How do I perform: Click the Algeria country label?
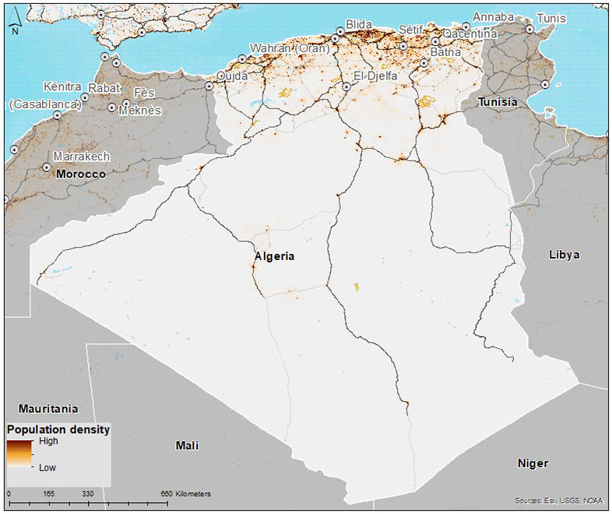(274, 256)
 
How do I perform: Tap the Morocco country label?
(80, 174)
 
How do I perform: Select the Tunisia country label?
(498, 102)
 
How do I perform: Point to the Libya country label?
(565, 255)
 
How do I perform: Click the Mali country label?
(186, 445)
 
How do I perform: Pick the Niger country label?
(533, 463)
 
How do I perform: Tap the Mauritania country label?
(48, 408)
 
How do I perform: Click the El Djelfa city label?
(376, 76)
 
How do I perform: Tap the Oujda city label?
(231, 76)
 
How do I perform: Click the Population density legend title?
(58, 429)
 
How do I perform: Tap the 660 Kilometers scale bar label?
(183, 494)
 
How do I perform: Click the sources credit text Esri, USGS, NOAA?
(559, 500)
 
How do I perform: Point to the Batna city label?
(445, 52)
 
